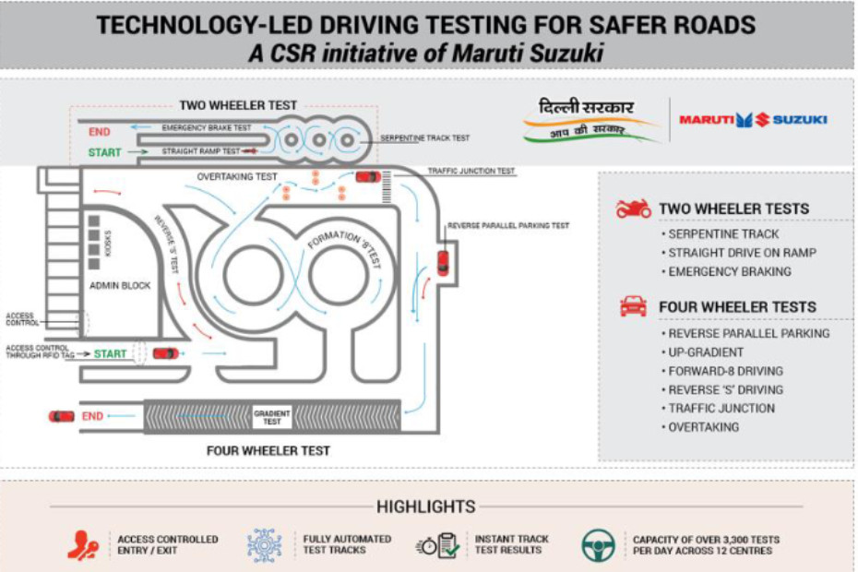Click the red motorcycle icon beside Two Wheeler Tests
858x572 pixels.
634,209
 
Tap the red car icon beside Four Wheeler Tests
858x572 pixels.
633,307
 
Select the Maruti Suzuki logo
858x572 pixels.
753,119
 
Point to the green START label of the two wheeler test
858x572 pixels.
104,152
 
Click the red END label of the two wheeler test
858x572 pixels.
99,132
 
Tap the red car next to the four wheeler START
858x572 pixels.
166,353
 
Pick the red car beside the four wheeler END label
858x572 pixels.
61,416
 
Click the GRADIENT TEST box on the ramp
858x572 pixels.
272,417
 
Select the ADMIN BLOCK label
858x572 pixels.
120,286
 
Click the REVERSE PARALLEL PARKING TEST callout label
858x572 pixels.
507,225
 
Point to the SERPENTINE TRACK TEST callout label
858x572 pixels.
425,138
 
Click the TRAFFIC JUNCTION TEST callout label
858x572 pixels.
471,172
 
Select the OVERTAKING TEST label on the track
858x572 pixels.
237,176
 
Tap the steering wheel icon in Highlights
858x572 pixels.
598,544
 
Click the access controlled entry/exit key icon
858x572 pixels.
83,545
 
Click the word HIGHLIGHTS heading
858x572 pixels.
425,506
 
